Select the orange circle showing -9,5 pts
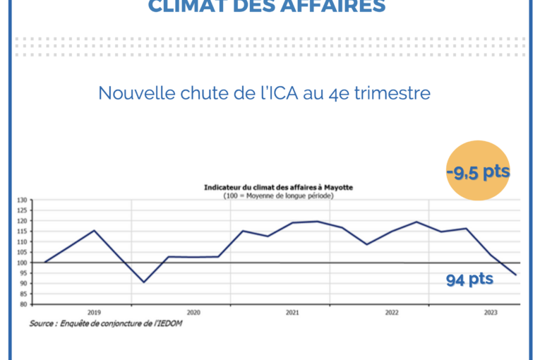tap(478, 172)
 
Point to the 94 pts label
tap(469, 280)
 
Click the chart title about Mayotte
tap(278, 187)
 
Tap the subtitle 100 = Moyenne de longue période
tap(278, 195)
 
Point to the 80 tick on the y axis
tap(21, 304)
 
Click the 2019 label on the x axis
tap(93, 311)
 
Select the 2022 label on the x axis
tap(390, 311)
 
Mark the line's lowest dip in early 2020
tap(144, 282)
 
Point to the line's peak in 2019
tap(95, 230)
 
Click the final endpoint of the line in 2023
tap(516, 275)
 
